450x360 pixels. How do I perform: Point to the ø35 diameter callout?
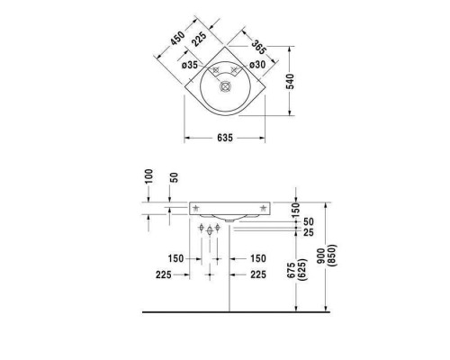click(x=191, y=64)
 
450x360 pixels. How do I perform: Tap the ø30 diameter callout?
click(x=256, y=64)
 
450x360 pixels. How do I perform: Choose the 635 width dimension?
click(x=225, y=138)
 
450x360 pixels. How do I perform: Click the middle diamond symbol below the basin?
click(x=210, y=232)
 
